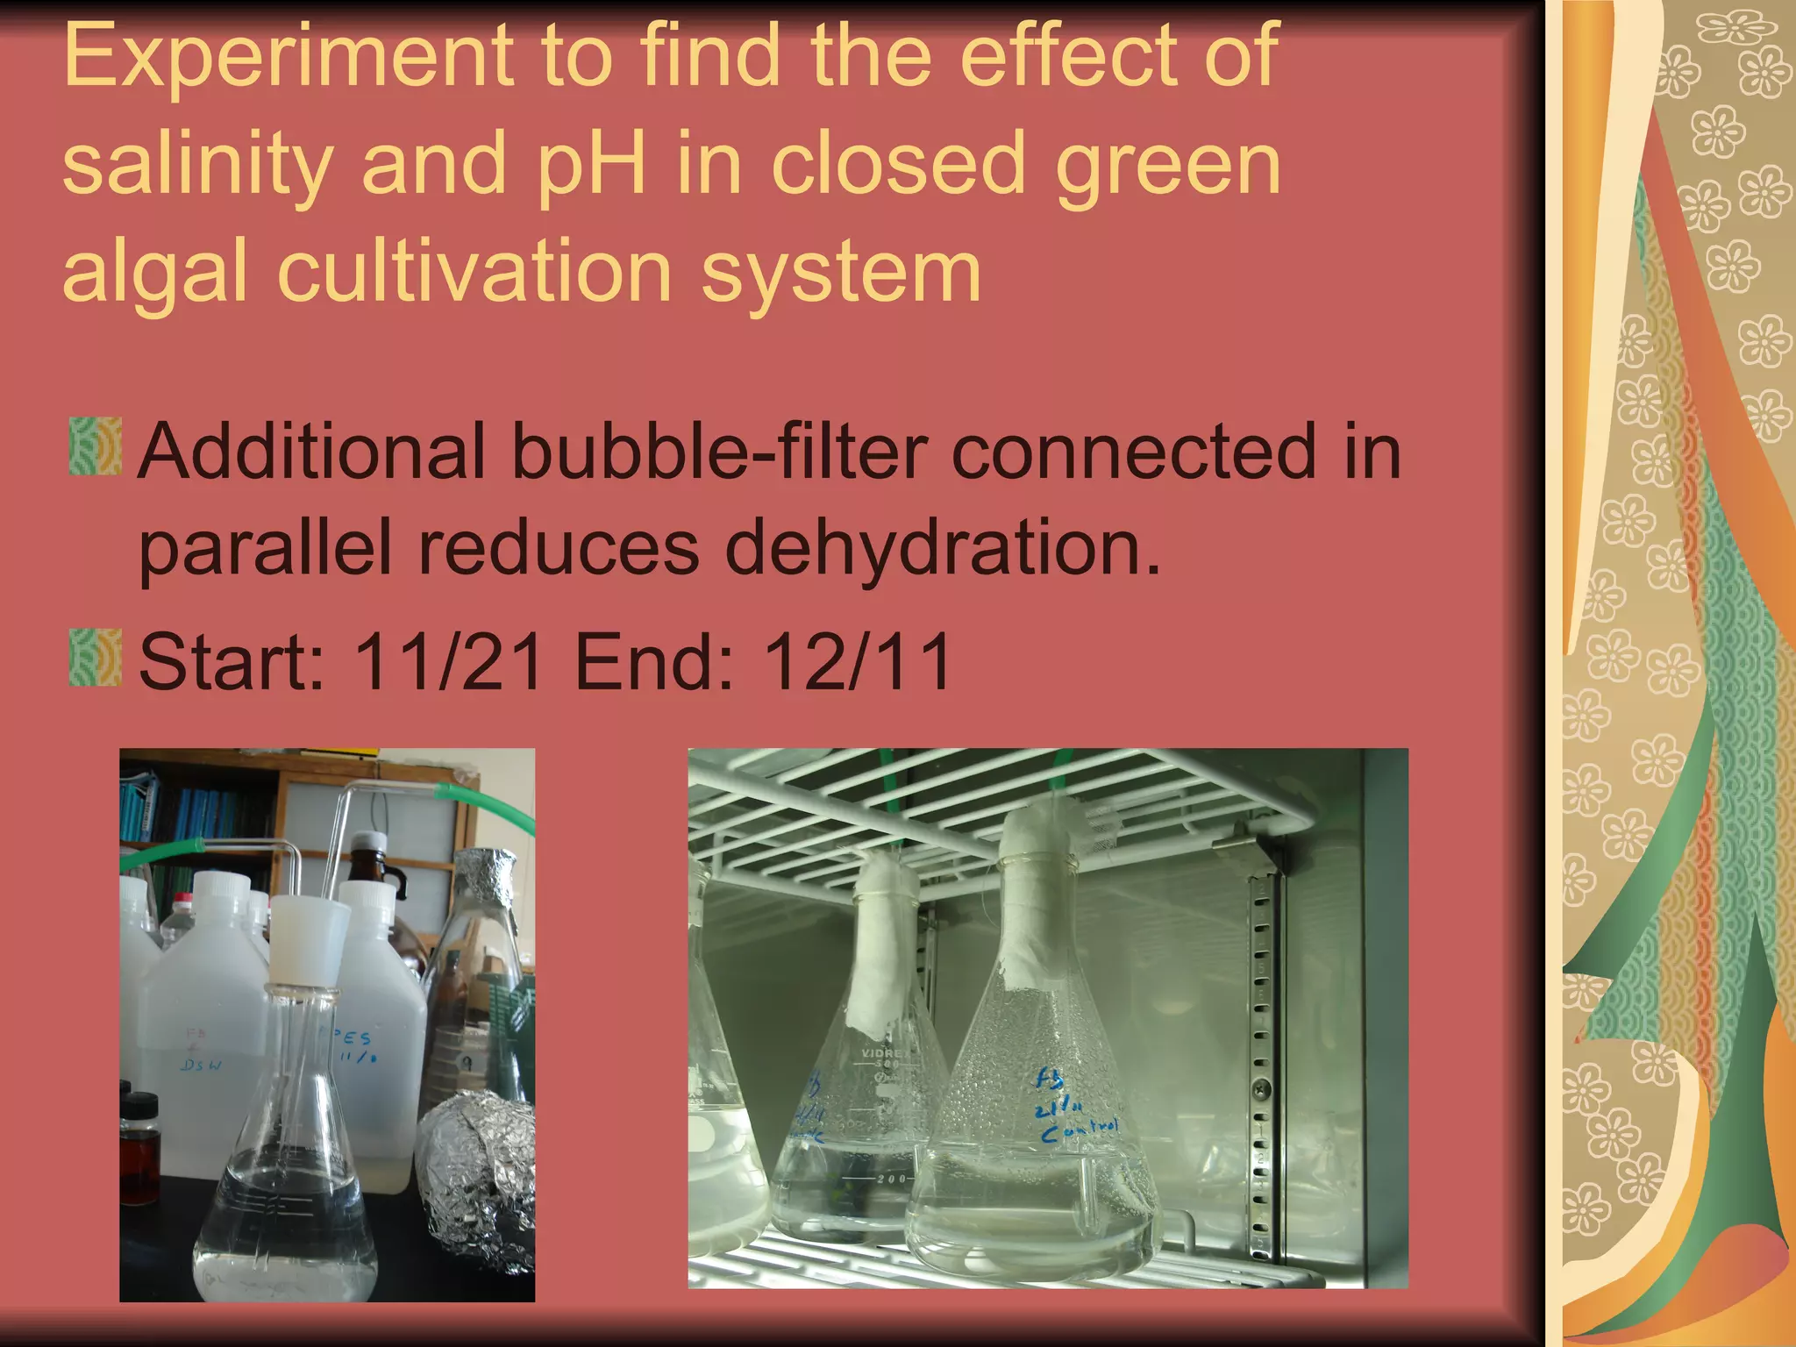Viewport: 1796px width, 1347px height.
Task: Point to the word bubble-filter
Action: [719, 453]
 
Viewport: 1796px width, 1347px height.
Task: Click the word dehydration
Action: [943, 548]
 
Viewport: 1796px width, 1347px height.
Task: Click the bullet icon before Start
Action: [95, 658]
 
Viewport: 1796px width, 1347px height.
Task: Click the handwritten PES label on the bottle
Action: [355, 1039]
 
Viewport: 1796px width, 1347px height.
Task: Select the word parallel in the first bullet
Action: [263, 548]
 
